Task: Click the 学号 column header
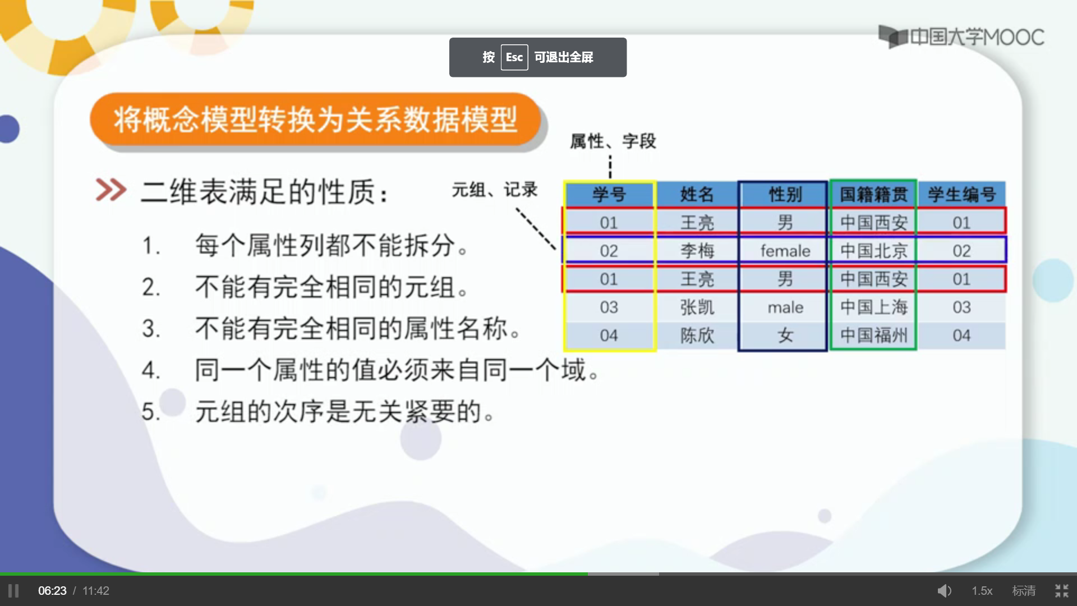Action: click(609, 194)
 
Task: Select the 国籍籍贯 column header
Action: click(873, 194)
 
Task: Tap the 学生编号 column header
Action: click(961, 194)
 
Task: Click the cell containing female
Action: click(785, 251)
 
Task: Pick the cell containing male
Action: click(785, 307)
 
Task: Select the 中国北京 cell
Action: click(873, 251)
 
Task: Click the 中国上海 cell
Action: click(873, 307)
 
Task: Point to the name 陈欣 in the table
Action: click(697, 336)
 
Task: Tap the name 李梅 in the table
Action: click(697, 251)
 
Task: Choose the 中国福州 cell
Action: click(873, 336)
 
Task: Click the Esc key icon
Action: click(514, 57)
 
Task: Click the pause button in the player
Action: click(13, 591)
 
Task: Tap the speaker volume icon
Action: click(945, 591)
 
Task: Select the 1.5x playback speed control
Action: click(982, 591)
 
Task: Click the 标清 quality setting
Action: click(1024, 591)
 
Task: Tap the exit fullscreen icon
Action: click(1062, 591)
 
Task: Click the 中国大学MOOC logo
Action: click(961, 37)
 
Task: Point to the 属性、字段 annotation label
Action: click(613, 141)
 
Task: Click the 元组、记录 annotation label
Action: click(495, 190)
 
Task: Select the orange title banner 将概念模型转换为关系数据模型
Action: click(315, 120)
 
